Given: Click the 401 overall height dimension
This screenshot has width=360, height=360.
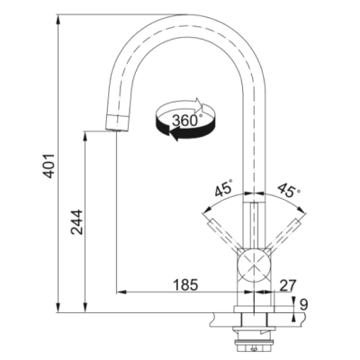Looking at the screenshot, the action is [x=49, y=166].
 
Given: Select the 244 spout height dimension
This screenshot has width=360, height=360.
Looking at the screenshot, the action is [x=76, y=222].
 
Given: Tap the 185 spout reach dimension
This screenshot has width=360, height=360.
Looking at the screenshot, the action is [x=185, y=284].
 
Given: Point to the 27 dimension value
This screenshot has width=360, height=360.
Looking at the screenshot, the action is [x=288, y=285].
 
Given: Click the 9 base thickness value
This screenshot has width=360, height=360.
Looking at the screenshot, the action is [x=304, y=305].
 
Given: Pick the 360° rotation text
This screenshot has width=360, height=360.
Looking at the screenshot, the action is [x=185, y=120].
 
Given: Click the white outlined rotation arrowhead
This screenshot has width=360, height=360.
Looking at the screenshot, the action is [x=200, y=104].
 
